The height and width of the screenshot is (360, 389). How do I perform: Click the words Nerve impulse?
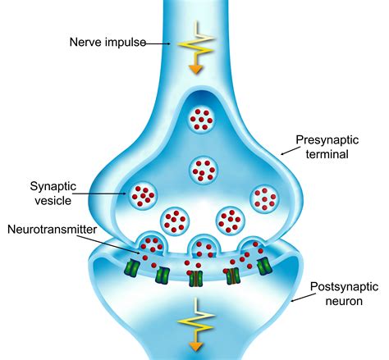coord(108,43)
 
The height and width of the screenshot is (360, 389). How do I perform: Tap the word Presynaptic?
coord(327,140)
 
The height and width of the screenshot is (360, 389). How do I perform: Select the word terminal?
coord(327,154)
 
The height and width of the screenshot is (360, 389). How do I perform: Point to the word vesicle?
coord(53,201)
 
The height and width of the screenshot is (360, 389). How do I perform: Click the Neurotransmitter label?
coord(52,230)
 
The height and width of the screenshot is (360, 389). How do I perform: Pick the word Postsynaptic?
coord(344,287)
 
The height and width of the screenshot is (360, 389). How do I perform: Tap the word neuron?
coord(344,301)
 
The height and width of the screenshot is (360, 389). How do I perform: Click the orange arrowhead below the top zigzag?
coord(196,70)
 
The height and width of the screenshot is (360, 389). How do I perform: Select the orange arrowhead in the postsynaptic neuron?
coord(196,346)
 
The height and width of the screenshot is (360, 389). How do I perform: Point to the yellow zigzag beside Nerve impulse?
coord(196,43)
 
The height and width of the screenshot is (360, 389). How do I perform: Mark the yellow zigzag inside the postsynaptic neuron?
coord(196,321)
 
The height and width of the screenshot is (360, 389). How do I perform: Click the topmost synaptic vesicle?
coord(202,120)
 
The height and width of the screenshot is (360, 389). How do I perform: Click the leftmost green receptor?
coord(131,267)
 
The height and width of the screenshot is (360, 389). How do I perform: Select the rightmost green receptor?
coord(264,265)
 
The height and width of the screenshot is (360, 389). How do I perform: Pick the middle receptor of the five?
coord(195,278)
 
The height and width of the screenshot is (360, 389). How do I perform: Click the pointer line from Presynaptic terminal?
coord(290,151)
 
